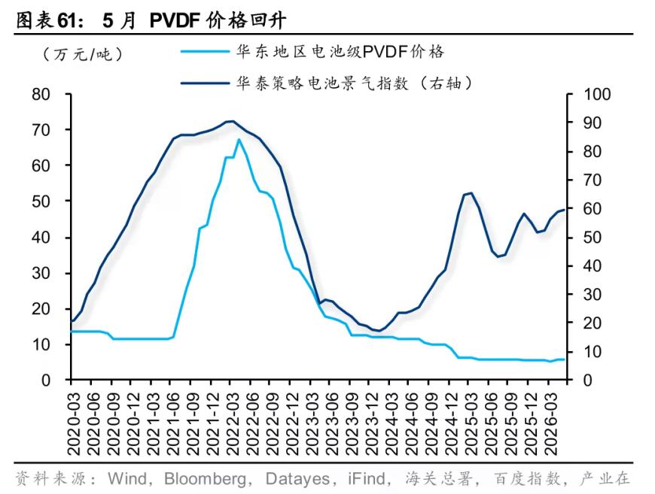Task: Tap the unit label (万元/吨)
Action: click(83, 54)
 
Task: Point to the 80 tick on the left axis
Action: click(41, 94)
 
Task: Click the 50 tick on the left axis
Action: click(41, 202)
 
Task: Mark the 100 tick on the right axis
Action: click(597, 94)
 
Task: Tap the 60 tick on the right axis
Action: click(593, 208)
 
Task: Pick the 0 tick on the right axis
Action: click(588, 380)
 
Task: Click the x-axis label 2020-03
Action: click(74, 424)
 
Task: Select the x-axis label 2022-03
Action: click(232, 424)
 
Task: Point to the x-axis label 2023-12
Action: click(371, 424)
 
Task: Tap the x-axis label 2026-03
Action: click(550, 424)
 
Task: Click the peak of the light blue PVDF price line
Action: click(239, 139)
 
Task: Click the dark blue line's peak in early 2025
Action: click(471, 192)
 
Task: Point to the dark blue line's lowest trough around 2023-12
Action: click(379, 330)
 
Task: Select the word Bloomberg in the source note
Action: click(205, 479)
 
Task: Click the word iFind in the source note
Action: click(367, 478)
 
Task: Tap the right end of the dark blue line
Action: click(564, 210)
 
